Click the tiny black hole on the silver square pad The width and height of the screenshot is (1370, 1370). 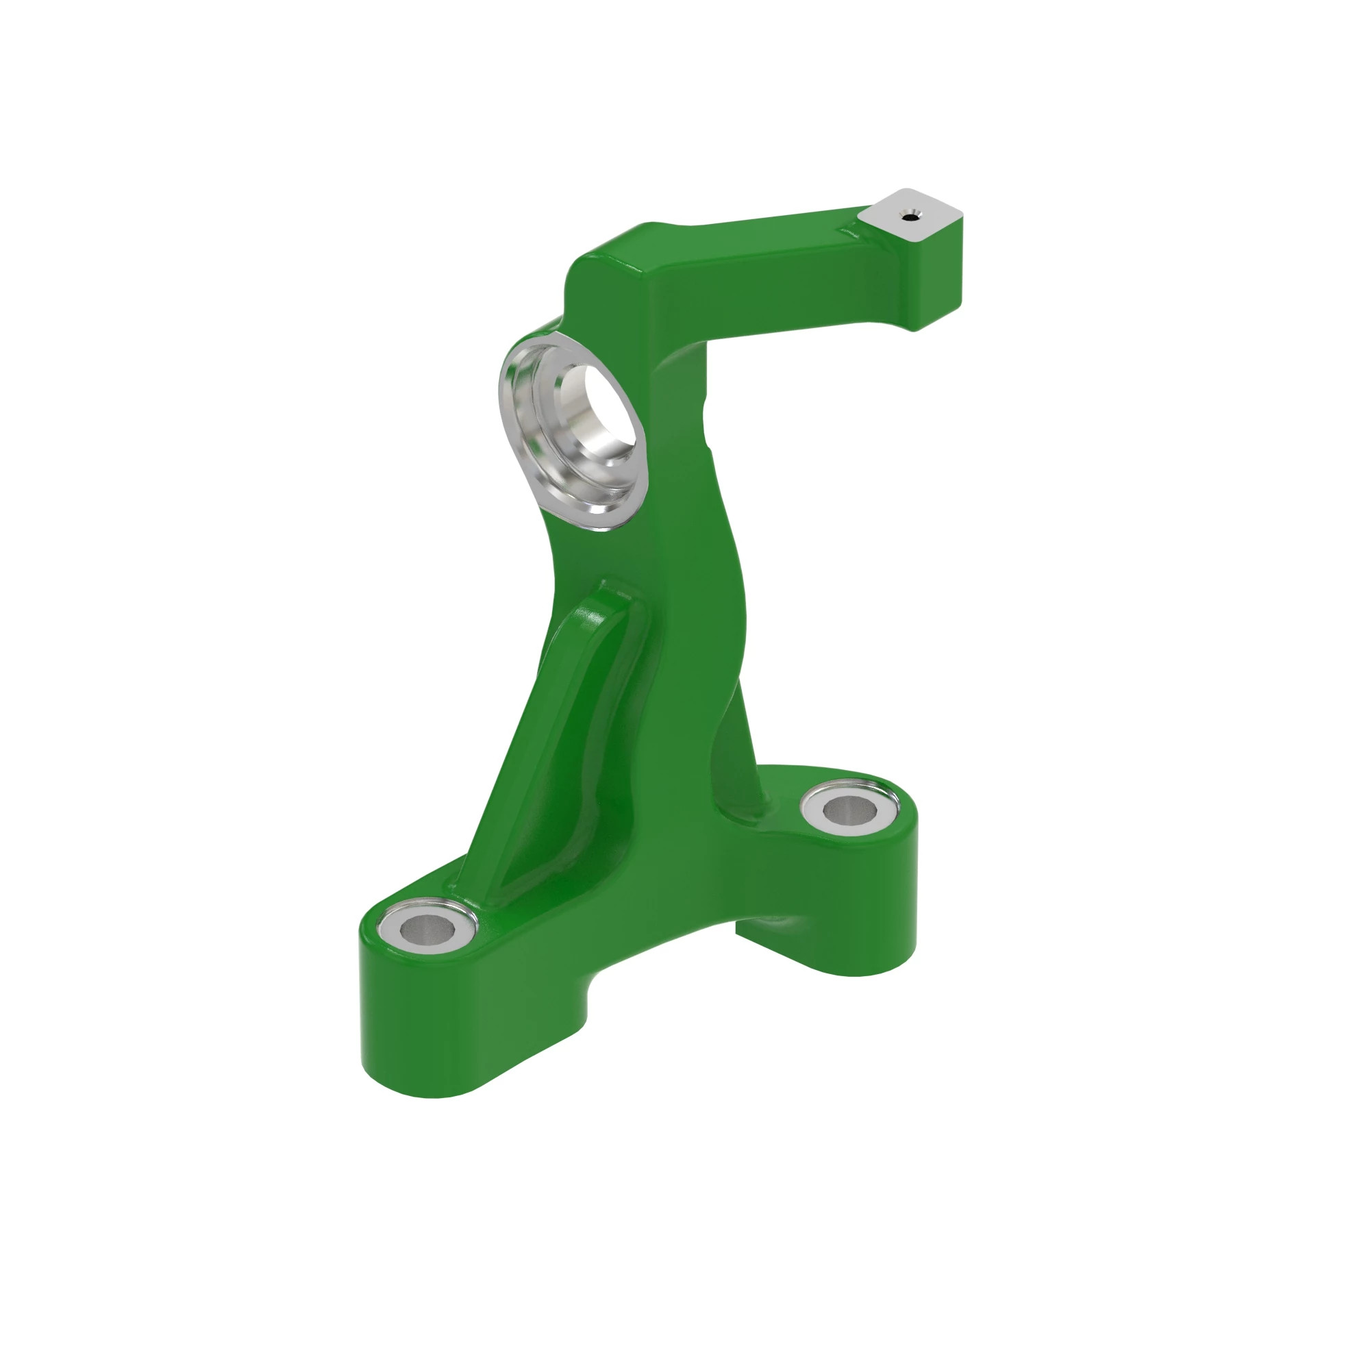(910, 217)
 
